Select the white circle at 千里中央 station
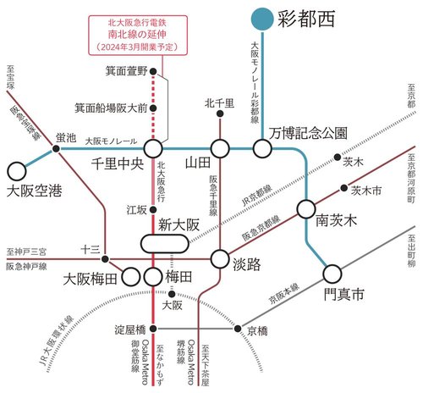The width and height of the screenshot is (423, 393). [x=153, y=149]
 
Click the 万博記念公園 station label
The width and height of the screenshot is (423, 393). [x=308, y=133]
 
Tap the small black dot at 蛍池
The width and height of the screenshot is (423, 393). [x=57, y=149]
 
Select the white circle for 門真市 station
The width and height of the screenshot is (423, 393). [x=332, y=273]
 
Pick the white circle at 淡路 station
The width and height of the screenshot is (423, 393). [x=220, y=259]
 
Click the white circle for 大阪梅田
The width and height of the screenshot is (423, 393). [x=131, y=276]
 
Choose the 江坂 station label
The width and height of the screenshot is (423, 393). [x=136, y=208]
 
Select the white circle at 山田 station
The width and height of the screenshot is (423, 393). [x=220, y=149]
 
